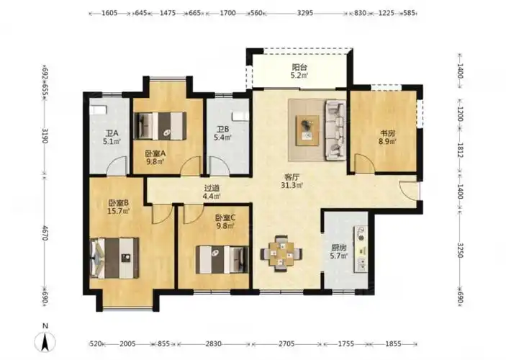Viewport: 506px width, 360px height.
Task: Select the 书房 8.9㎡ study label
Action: point(387,137)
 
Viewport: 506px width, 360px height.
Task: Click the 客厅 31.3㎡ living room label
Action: point(292,181)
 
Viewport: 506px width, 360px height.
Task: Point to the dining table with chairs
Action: point(281,253)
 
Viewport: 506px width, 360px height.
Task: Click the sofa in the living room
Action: point(335,130)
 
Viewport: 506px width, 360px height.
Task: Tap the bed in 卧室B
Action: point(114,258)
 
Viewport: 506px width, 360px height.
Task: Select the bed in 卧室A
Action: point(161,125)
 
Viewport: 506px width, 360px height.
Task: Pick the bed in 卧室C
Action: point(222,260)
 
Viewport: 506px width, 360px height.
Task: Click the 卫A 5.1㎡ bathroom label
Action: point(112,138)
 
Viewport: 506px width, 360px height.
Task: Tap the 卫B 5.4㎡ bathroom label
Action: point(222,133)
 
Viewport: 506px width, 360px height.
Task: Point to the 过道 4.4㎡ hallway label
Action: point(212,192)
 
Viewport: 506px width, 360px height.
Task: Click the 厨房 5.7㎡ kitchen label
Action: point(338,252)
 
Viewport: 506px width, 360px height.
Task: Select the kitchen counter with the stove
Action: point(361,249)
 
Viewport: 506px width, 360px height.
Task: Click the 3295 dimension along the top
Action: point(305,13)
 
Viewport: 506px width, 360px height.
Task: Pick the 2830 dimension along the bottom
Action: point(214,344)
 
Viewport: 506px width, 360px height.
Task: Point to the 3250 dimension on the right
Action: point(460,250)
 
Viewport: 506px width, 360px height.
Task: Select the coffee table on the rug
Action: point(308,130)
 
